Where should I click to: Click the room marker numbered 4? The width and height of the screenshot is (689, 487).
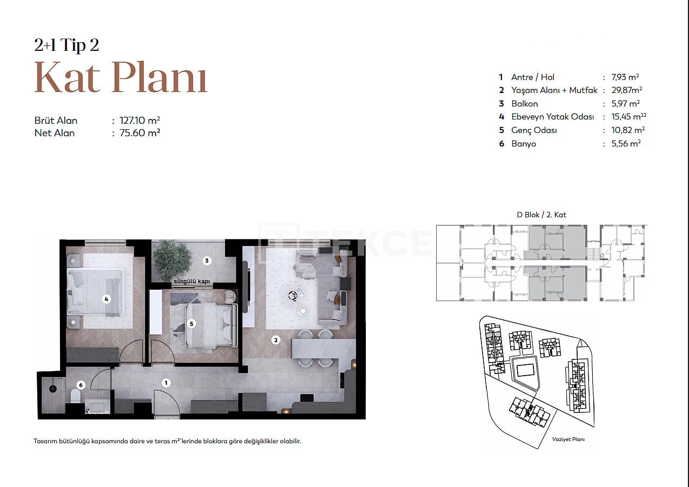tap(106, 299)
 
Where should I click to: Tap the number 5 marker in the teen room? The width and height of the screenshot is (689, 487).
tap(191, 324)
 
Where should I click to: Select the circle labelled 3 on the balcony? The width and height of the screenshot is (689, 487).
tap(206, 261)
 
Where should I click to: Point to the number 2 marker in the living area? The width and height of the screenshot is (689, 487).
tap(276, 340)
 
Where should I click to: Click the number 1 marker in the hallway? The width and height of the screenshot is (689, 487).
tap(166, 383)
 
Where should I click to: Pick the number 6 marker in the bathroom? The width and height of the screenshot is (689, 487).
tap(81, 385)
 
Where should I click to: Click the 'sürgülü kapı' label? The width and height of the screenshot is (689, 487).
tap(192, 281)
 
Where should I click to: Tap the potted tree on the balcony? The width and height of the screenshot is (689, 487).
tap(172, 260)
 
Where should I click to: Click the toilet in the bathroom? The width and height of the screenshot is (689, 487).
tap(76, 396)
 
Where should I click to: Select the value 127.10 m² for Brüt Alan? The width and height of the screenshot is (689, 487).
tap(139, 121)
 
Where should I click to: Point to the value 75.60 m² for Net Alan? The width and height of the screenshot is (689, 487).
tap(139, 133)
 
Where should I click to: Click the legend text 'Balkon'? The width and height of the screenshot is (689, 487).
tap(524, 104)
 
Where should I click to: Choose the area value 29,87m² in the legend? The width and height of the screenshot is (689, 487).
tap(626, 90)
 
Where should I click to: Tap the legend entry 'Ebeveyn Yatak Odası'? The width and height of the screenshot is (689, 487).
tap(552, 117)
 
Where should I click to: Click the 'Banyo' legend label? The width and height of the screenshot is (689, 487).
tap(524, 144)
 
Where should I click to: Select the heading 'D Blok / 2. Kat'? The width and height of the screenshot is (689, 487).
tap(541, 215)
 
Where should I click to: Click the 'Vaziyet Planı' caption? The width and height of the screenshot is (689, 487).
tap(568, 439)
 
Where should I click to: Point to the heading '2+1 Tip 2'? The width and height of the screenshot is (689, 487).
tap(66, 45)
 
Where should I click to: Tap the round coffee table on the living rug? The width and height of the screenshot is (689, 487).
tap(292, 295)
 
